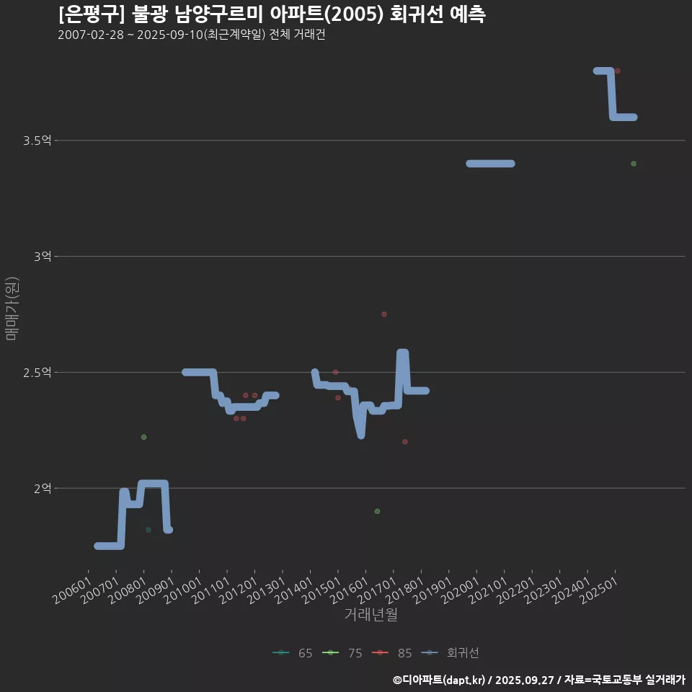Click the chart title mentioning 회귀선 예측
[272, 14]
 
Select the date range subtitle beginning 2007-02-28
[192, 35]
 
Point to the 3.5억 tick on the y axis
[37, 141]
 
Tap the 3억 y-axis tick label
[43, 257]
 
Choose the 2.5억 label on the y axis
[37, 373]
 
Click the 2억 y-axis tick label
[43, 489]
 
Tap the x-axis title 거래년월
[371, 614]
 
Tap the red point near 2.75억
[384, 314]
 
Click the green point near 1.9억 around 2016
[377, 511]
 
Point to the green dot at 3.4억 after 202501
[634, 164]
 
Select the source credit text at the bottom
[538, 680]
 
